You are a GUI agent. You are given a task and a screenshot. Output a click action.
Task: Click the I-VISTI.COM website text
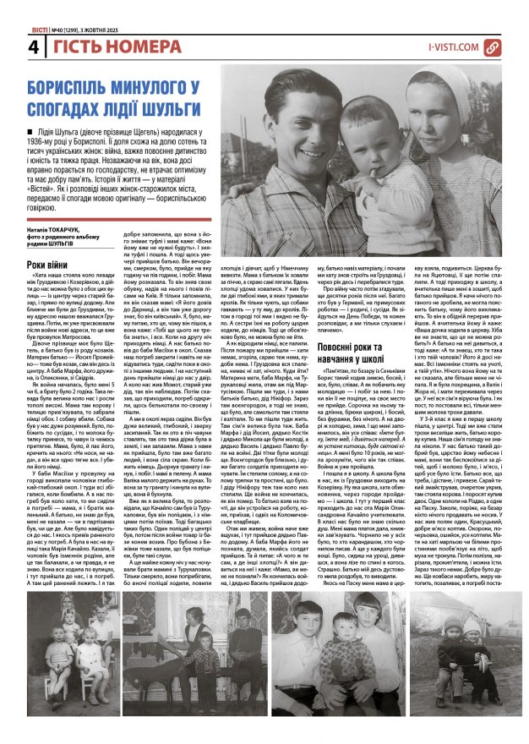[454, 47]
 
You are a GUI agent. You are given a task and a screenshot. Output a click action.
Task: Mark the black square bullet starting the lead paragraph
[31, 131]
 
